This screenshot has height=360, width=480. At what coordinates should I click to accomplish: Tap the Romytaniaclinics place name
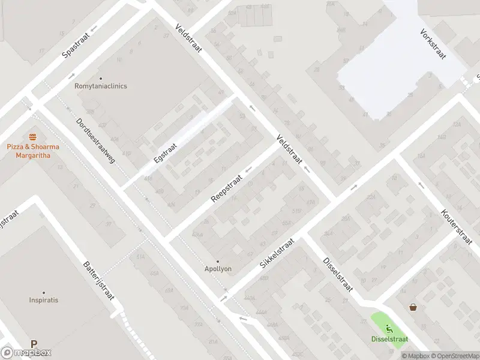(x=101, y=86)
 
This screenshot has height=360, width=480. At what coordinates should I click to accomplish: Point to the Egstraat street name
(x=165, y=152)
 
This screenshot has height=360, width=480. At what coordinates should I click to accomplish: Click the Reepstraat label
(x=226, y=188)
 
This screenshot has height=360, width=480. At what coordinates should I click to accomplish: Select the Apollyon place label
(x=218, y=269)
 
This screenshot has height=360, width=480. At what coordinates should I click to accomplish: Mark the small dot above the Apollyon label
(x=218, y=261)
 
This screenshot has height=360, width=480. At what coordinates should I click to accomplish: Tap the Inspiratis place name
(x=44, y=300)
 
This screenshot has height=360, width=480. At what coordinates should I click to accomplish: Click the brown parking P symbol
(x=34, y=344)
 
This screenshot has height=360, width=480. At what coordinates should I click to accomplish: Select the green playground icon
(x=389, y=328)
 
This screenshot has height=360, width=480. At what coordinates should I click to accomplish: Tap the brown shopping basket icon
(x=413, y=307)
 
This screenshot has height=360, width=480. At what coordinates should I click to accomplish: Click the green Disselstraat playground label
(x=389, y=339)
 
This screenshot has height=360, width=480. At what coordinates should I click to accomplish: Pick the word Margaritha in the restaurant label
(x=32, y=155)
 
